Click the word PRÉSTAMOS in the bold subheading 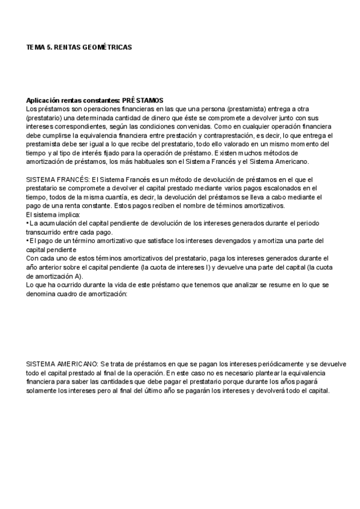pos(142,100)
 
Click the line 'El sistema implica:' pos(51,214)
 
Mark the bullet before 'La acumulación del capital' pos(28,223)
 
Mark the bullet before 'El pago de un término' pos(28,241)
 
